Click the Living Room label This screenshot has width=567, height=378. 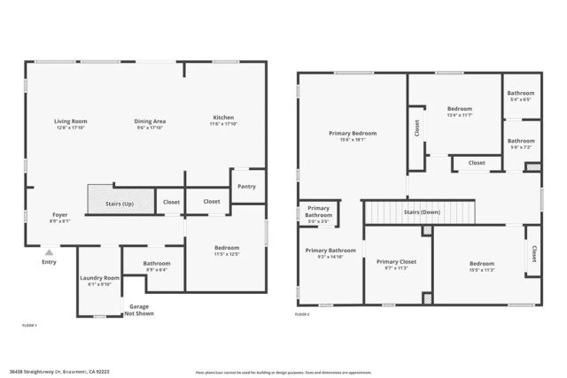(70, 121)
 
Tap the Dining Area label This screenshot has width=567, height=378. (150, 121)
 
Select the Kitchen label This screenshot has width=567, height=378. (222, 118)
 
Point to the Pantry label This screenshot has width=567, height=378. (247, 186)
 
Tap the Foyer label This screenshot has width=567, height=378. (59, 215)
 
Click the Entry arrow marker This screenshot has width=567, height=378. (49, 252)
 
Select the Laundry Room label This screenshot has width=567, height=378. (99, 278)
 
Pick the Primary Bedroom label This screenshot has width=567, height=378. (353, 133)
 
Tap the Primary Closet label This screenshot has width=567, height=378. (396, 262)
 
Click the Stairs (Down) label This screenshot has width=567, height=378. (422, 212)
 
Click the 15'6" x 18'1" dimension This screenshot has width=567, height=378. (353, 140)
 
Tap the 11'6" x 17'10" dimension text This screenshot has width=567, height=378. (222, 124)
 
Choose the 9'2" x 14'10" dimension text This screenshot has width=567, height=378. (330, 257)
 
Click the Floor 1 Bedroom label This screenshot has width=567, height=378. (227, 248)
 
